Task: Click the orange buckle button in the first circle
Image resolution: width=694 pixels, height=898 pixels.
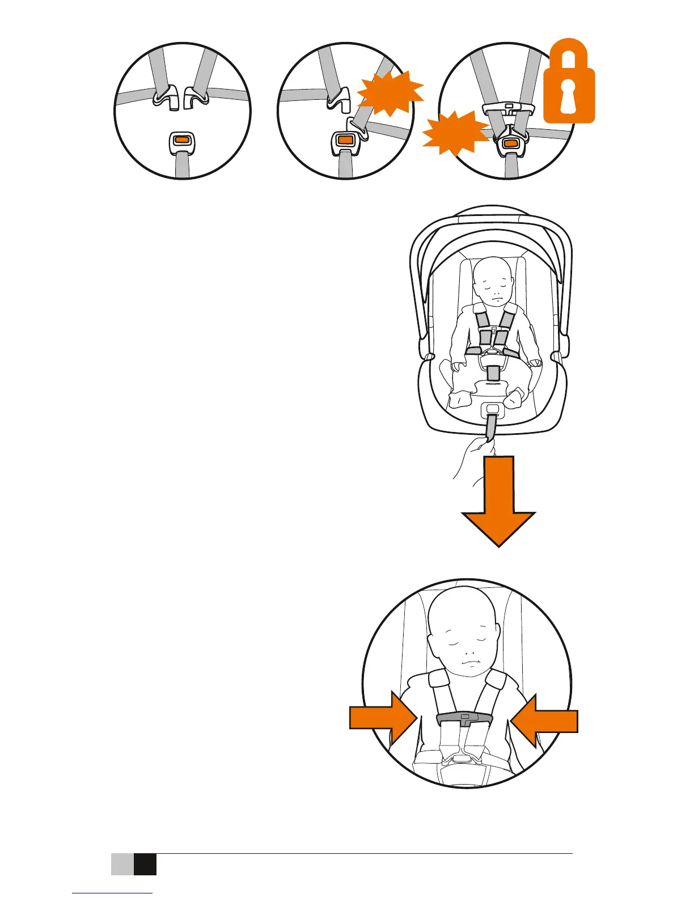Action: [x=182, y=139]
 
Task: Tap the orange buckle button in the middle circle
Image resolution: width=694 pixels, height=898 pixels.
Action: [x=344, y=139]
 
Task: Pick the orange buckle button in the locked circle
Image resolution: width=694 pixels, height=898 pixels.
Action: [x=510, y=143]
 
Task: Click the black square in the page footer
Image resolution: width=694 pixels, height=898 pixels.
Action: [x=145, y=865]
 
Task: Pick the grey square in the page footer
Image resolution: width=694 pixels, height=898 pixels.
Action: [x=122, y=865]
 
